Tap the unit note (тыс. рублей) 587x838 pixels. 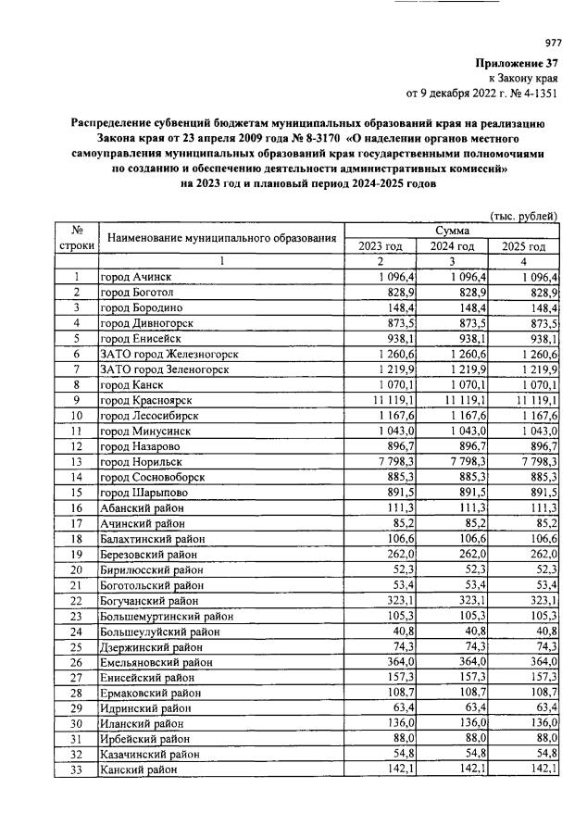(x=524, y=216)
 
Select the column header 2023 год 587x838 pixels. (x=381, y=246)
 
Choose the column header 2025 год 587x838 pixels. (x=524, y=246)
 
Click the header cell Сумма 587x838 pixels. (x=452, y=231)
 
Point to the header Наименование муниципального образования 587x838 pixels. (x=221, y=238)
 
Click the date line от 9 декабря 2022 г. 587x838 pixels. (x=482, y=93)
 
